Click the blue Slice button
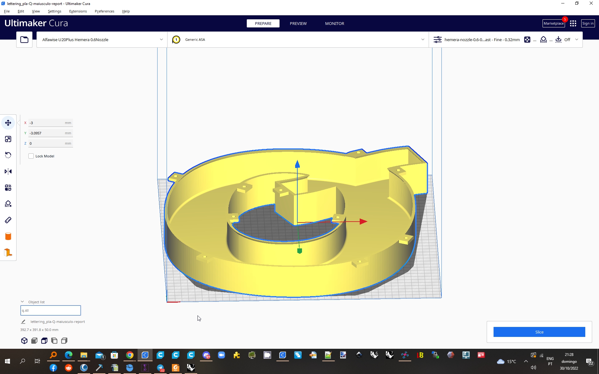539,332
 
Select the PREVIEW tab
298,23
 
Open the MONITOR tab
334,23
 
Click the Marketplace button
553,23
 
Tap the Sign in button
588,23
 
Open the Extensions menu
78,11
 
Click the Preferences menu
104,11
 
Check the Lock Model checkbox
31,156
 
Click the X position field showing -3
47,123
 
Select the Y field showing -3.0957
47,133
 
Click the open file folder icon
24,40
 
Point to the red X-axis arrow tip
364,222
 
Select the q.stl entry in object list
51,310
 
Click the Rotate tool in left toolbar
8,155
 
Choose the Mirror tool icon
8,171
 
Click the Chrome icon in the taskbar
130,355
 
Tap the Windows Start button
7,361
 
